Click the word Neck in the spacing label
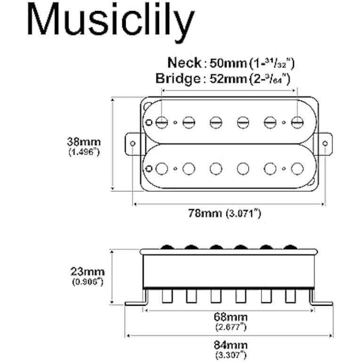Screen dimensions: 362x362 pyautogui.click(x=184, y=63)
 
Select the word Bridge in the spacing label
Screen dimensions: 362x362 pyautogui.click(x=177, y=78)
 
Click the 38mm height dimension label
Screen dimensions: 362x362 pyautogui.click(x=83, y=142)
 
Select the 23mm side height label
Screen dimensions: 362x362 pyautogui.click(x=88, y=272)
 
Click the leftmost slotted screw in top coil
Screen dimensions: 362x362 pyautogui.click(x=162, y=122)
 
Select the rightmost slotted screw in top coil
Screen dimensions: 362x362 pyautogui.click(x=297, y=122)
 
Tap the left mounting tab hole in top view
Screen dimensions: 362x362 pyautogui.click(x=132, y=143)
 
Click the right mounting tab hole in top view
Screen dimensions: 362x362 pyautogui.click(x=326, y=143)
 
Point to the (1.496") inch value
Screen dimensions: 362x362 pyautogui.click(x=83, y=152)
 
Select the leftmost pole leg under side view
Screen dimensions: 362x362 pyautogui.click(x=167, y=296)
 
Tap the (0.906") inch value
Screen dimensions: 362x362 pyautogui.click(x=88, y=282)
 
